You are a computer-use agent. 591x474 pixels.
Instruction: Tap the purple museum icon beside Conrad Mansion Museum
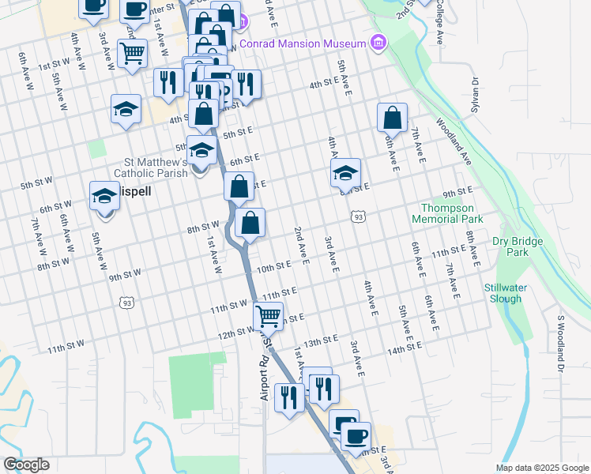click(378, 42)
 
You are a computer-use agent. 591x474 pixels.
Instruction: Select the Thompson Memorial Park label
click(446, 213)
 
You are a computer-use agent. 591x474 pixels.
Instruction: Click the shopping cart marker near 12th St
click(269, 316)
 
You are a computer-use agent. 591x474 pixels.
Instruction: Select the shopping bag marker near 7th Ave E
click(392, 118)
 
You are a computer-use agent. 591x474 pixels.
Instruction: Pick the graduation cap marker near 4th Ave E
click(345, 174)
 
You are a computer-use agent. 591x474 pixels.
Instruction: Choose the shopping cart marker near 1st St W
click(132, 53)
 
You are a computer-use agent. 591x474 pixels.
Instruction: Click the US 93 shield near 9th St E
click(359, 216)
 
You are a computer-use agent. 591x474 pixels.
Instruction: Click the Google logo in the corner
click(26, 465)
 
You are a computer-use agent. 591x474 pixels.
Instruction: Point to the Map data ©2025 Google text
click(541, 468)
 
